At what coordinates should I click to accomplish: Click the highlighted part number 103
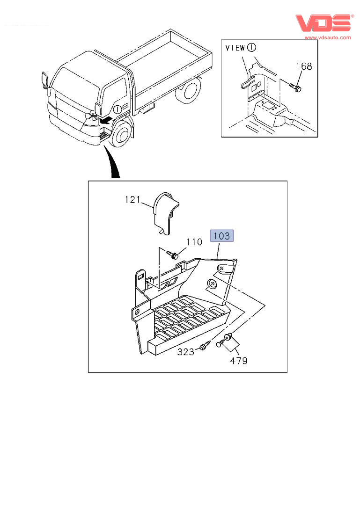coord(222,236)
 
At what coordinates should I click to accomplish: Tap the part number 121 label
coord(132,200)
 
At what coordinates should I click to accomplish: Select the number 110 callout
coord(194,242)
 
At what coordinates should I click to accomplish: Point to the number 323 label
coord(185,352)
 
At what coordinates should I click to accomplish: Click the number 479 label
coord(238,361)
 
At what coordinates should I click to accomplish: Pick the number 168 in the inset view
coord(303,66)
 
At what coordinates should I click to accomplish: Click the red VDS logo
coord(323,23)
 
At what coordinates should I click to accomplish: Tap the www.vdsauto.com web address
coord(328,37)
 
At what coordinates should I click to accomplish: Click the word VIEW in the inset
coord(235,48)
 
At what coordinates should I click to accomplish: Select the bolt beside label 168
coord(295,87)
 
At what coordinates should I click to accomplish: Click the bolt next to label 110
coord(173,255)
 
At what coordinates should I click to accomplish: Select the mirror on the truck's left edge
coord(45,80)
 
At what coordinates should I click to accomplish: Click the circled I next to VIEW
coord(252,47)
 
